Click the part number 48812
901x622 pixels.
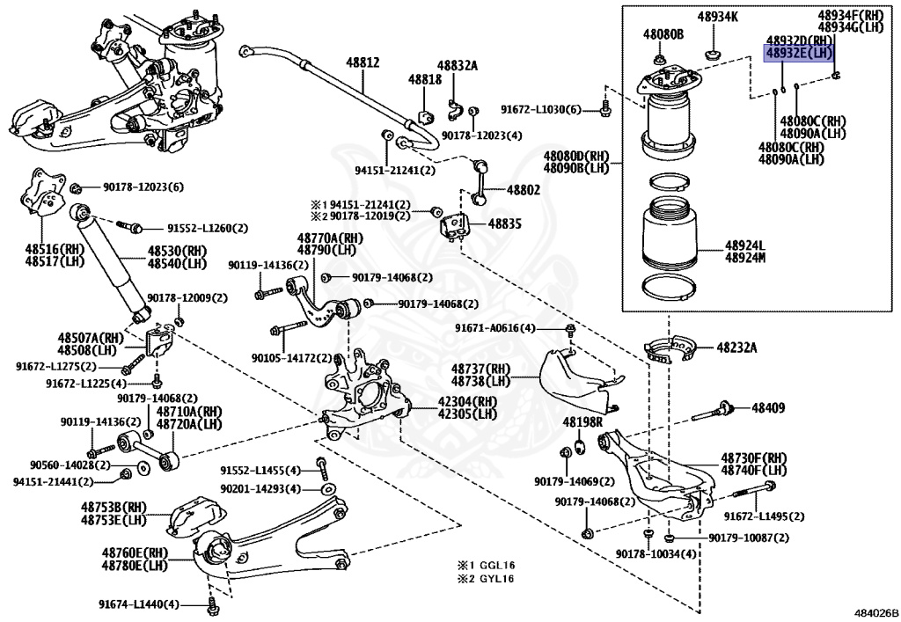363,62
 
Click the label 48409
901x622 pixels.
767,407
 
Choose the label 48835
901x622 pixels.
505,224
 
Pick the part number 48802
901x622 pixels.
524,189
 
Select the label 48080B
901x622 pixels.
663,34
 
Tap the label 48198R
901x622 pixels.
582,422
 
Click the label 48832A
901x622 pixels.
458,65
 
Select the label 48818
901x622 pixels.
424,79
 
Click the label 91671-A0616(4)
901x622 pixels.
494,328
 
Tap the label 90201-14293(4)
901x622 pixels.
260,488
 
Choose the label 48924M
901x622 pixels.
745,258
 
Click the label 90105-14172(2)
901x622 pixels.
291,358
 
